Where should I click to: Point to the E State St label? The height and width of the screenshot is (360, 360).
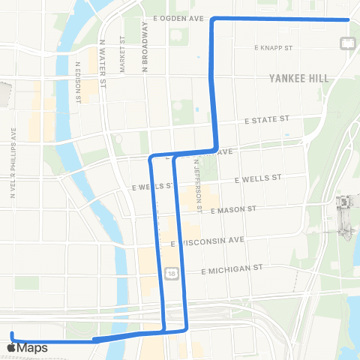(x=266, y=119)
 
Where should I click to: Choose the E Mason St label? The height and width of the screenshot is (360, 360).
(x=234, y=211)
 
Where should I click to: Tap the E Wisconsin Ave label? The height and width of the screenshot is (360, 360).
(x=208, y=241)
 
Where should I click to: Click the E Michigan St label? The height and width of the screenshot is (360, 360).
(x=231, y=268)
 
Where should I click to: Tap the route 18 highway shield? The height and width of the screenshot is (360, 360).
(x=172, y=274)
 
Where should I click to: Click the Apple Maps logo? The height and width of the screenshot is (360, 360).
(x=27, y=348)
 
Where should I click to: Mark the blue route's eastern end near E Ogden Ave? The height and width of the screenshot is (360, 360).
(x=349, y=19)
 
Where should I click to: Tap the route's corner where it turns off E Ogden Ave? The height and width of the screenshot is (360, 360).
(x=215, y=19)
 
